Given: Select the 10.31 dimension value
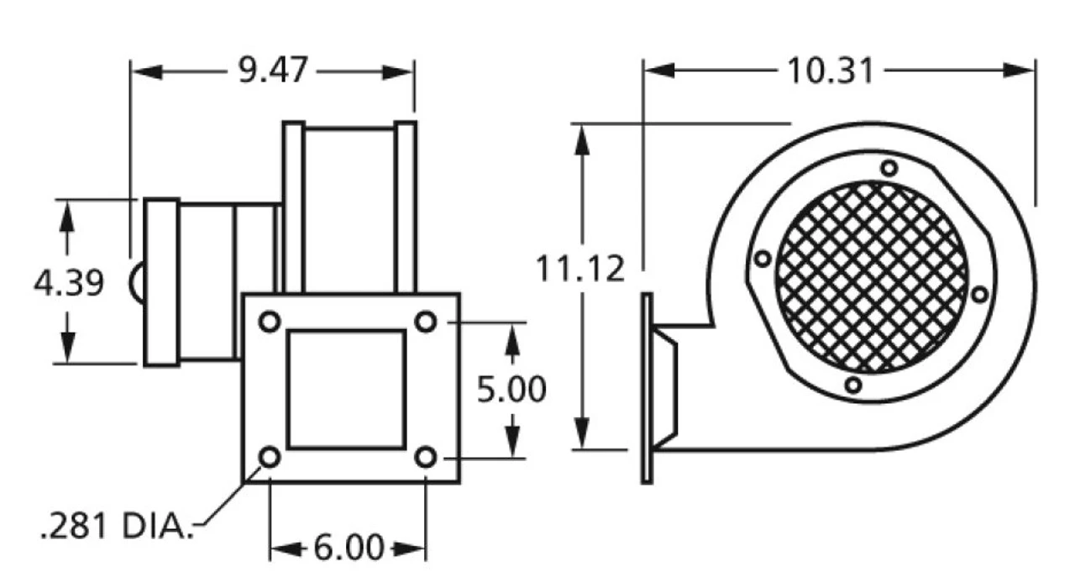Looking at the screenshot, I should click(x=830, y=71).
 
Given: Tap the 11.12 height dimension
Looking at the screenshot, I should click(x=581, y=270).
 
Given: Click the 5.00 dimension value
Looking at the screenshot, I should click(x=511, y=390).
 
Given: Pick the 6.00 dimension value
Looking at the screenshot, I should click(x=349, y=549).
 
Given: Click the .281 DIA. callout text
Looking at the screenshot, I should click(x=114, y=527).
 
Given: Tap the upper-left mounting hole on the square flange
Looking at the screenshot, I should click(x=270, y=322).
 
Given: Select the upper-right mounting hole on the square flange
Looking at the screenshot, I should click(x=427, y=322).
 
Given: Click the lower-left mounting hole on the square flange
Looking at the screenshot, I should click(x=270, y=458).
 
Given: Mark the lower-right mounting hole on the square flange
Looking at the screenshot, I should click(x=427, y=458).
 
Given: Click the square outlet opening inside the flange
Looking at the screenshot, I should click(x=347, y=389).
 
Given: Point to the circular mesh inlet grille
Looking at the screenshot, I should click(x=872, y=277).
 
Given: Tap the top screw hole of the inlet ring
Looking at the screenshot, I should click(x=889, y=168).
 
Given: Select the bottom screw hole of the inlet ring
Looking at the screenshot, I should click(x=852, y=385).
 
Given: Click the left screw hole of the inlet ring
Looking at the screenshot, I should click(x=762, y=259).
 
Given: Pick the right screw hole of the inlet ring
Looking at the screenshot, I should click(x=979, y=294).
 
